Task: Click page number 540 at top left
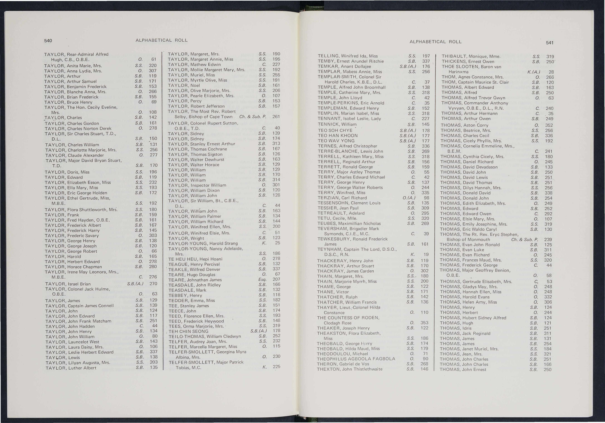[x=48, y=41]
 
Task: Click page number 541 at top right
[x=549, y=43]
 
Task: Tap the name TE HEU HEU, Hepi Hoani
[x=195, y=259]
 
